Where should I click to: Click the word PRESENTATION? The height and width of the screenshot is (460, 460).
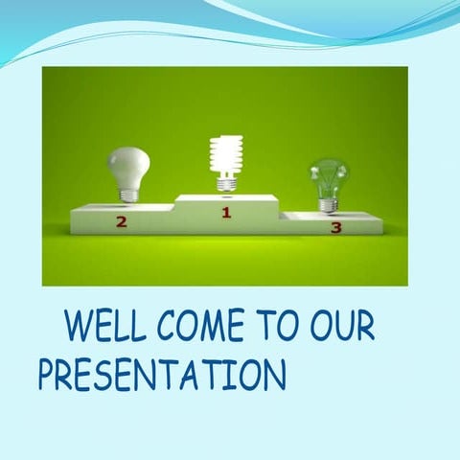coord(162,374)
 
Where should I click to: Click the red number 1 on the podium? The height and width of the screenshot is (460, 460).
coord(226,212)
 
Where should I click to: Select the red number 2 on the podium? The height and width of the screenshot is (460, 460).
coord(121,222)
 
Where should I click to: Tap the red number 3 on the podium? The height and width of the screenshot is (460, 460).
coord(335,227)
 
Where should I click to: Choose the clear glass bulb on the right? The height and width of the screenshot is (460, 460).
coord(328,177)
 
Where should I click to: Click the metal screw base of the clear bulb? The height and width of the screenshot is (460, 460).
coord(327,203)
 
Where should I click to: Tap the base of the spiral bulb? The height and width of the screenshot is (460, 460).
coord(226,181)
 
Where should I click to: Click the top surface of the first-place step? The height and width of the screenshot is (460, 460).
coord(226,198)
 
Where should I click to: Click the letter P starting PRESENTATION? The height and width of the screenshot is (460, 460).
coord(48,374)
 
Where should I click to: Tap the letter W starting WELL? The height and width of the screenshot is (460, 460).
coord(78,328)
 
